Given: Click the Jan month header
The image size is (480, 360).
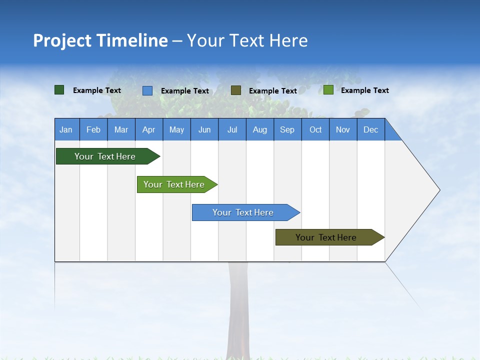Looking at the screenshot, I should point(66,129).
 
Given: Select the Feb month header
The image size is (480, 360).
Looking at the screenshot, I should point(93,129).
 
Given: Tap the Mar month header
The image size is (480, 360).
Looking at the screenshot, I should point(121,129).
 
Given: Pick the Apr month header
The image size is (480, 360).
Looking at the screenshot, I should point(149,129).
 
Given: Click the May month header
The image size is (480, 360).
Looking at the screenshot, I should point(176,129).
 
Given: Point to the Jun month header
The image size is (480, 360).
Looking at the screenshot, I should point(204,129).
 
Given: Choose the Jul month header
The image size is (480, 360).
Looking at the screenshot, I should point(232,129).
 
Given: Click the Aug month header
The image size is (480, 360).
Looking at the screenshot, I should point(260,129).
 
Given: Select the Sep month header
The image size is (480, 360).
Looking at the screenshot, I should point(287,129).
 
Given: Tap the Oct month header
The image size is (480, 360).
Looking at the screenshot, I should point(315,129).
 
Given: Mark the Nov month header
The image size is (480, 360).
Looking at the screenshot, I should point(343,129).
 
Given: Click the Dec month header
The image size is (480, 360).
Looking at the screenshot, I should point(371,129).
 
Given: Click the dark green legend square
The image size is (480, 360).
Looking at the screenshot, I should point(59,90).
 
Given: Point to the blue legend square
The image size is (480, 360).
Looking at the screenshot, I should point(147,90).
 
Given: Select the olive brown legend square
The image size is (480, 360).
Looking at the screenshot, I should point(236,90).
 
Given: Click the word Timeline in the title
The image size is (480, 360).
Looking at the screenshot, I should point(133,40).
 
